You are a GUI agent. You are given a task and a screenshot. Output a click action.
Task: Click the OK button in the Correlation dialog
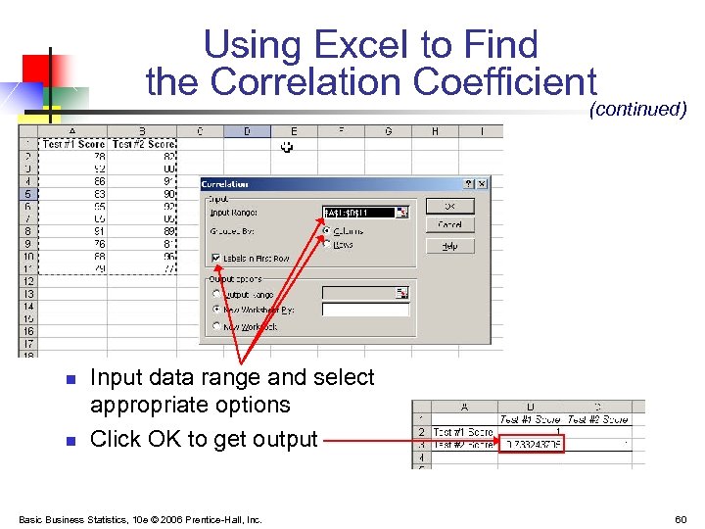pyautogui.click(x=449, y=206)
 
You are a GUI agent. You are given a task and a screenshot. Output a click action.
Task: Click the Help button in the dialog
pyautogui.click(x=449, y=246)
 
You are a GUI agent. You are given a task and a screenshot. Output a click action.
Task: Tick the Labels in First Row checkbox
pyautogui.click(x=216, y=259)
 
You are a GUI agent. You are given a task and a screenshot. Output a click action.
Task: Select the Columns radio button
pyautogui.click(x=326, y=231)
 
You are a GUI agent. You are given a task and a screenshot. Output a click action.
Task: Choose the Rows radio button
pyautogui.click(x=326, y=244)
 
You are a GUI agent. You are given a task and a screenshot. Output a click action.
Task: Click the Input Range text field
pyautogui.click(x=358, y=212)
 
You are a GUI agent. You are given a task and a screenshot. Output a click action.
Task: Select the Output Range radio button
pyautogui.click(x=216, y=293)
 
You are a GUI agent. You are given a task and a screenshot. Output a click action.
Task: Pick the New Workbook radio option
pyautogui.click(x=216, y=326)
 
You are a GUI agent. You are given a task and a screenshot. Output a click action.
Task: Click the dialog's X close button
pyautogui.click(x=481, y=183)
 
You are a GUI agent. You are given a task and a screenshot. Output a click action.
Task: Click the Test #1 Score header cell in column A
pyautogui.click(x=74, y=144)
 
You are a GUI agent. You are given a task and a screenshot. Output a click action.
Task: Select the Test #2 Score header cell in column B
pyautogui.click(x=143, y=144)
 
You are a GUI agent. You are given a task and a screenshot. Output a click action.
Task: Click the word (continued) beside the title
pyautogui.click(x=637, y=109)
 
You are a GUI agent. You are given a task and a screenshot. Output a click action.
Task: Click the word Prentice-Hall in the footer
pyautogui.click(x=224, y=519)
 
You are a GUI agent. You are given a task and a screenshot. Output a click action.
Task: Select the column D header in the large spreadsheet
pyautogui.click(x=247, y=131)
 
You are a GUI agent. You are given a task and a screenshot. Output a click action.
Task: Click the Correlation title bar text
pyautogui.click(x=225, y=183)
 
